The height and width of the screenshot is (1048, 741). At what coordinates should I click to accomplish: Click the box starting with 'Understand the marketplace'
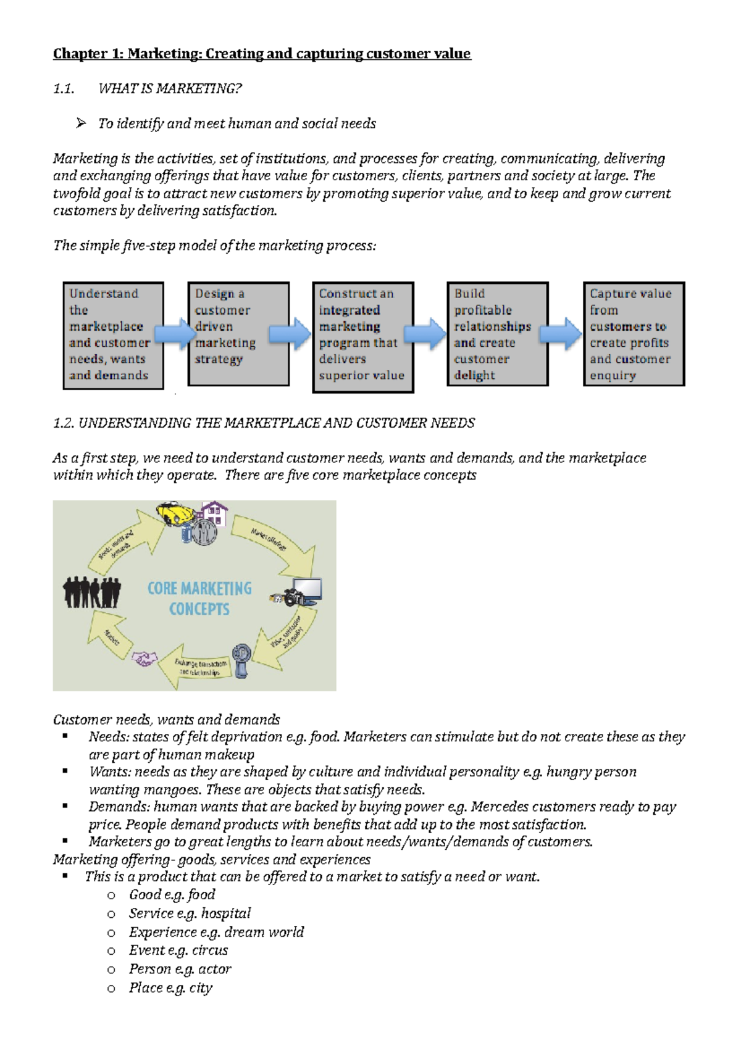(113, 335)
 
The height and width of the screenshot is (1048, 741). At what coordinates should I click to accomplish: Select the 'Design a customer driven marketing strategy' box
(238, 334)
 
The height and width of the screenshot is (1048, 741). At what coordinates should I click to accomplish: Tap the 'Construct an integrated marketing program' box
(363, 337)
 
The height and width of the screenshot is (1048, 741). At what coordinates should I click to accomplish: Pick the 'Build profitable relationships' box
(497, 334)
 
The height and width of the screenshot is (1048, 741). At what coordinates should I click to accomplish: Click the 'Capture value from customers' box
(634, 334)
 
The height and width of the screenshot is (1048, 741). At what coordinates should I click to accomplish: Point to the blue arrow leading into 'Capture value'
(560, 334)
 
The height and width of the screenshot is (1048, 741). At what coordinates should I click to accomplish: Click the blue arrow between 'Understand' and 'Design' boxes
(175, 334)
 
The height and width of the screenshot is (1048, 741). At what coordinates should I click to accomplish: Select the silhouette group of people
(92, 592)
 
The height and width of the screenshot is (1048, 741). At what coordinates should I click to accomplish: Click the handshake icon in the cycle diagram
(144, 659)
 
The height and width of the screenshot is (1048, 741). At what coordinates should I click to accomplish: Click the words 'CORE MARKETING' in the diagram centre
(199, 588)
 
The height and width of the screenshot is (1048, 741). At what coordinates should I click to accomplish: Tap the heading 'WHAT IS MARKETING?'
(170, 89)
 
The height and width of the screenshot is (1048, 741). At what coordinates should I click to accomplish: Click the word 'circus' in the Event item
(210, 950)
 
